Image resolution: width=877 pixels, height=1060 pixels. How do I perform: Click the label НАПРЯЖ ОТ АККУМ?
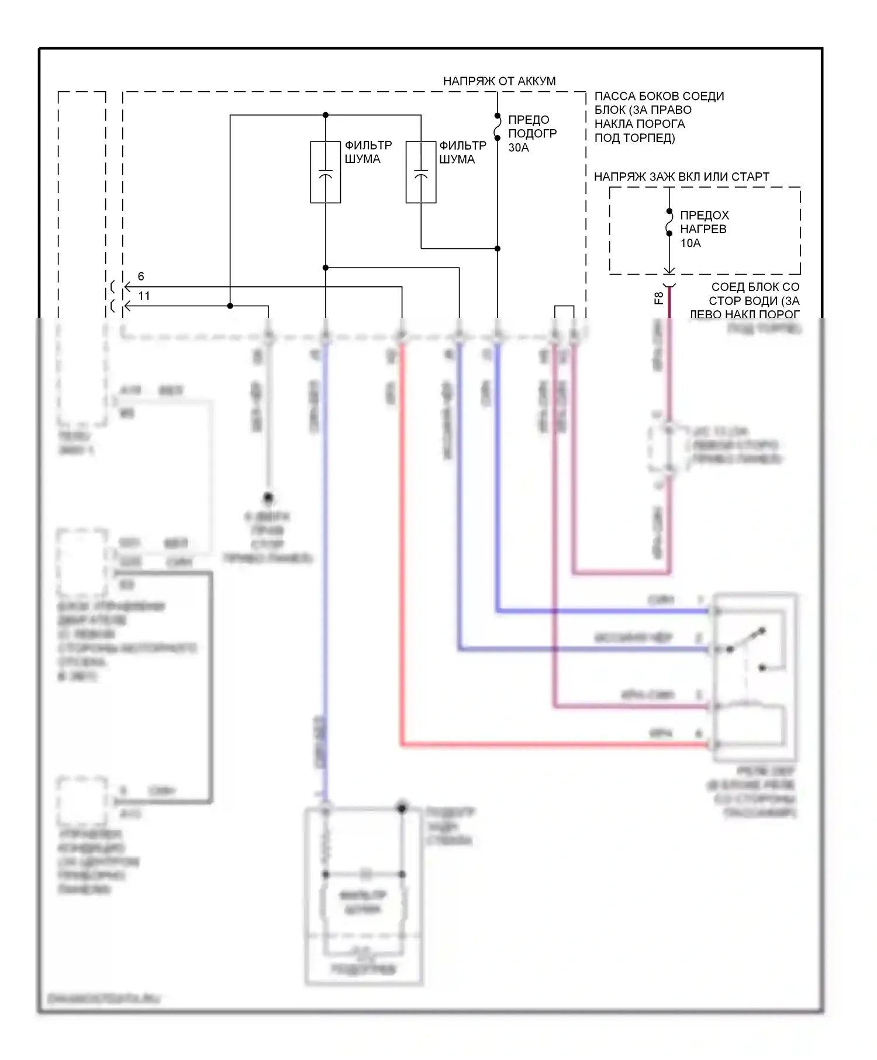coord(499,81)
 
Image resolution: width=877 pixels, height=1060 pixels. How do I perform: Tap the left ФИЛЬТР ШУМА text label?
coord(368,152)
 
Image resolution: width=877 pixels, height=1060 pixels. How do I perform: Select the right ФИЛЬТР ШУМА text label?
coord(462,152)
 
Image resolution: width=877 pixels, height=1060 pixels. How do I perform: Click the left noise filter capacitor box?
coord(326,172)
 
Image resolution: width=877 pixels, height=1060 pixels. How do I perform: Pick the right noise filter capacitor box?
coord(421,172)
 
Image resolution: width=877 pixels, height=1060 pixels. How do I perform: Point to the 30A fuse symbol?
coord(498,127)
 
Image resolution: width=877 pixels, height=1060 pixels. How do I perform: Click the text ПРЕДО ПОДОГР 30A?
coord(531,133)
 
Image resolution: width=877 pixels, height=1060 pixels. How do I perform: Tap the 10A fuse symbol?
coord(669,223)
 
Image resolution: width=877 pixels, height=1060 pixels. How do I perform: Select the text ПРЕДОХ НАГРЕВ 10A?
coord(704,229)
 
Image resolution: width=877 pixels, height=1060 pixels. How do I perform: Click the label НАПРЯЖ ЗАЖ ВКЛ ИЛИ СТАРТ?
coord(681,176)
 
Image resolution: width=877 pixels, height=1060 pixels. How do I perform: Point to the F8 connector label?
coord(658,298)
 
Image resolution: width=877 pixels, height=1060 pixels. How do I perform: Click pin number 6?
coord(141,276)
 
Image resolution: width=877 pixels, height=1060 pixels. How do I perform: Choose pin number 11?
coord(144,296)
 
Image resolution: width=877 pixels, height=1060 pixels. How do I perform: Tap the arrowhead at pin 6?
coord(126,287)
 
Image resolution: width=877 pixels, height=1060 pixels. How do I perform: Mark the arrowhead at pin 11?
coord(126,306)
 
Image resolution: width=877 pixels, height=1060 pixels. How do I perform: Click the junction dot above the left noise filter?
coord(326,115)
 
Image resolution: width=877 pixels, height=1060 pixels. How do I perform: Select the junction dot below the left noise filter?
coord(326,268)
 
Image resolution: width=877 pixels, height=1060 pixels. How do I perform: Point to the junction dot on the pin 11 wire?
coord(230,306)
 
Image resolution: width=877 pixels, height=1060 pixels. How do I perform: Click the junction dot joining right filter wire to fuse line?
coord(498,248)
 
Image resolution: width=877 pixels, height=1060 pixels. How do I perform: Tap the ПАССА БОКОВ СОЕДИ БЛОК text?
coord(659,117)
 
